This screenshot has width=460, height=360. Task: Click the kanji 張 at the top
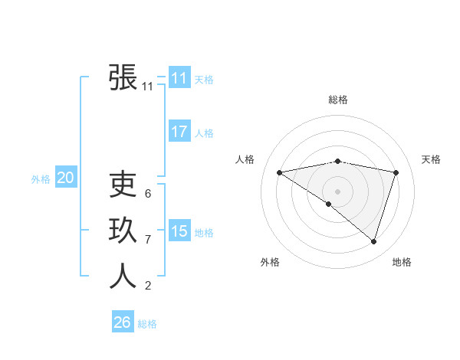pos(123,77)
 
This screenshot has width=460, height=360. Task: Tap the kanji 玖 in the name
pos(123,231)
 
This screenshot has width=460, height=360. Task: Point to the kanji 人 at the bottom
pos(123,277)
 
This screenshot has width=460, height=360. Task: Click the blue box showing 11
pos(179,78)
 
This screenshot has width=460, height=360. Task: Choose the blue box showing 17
pos(179,132)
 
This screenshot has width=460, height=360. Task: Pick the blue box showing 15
pos(179,231)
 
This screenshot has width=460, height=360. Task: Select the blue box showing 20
pos(66,178)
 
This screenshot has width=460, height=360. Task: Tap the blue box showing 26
pos(123,322)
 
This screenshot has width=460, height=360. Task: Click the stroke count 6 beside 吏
pos(148,194)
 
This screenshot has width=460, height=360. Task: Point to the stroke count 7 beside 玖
pos(148,240)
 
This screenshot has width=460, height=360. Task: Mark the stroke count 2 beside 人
pos(148,286)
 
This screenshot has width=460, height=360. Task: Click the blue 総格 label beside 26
pos(147,324)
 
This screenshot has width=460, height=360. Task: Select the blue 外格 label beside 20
pos(41,179)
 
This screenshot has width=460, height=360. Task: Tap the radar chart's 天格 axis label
pos(431,159)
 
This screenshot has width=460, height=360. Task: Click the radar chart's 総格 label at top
pos(337,100)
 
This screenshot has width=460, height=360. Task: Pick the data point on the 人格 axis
pos(280,172)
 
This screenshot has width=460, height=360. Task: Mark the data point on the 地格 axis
pos(373,241)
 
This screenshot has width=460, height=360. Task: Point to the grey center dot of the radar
pos(337,191)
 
